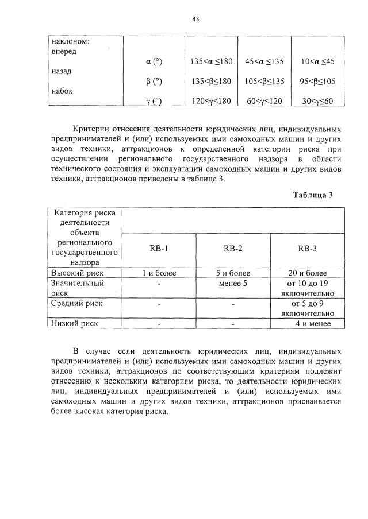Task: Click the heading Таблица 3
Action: pyautogui.click(x=313, y=195)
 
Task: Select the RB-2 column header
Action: pyautogui.click(x=233, y=249)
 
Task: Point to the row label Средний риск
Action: pyautogui.click(x=77, y=303)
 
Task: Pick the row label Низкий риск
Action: pyautogui.click(x=75, y=323)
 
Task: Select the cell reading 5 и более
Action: pyautogui.click(x=233, y=273)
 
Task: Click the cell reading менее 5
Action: pyautogui.click(x=233, y=283)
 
